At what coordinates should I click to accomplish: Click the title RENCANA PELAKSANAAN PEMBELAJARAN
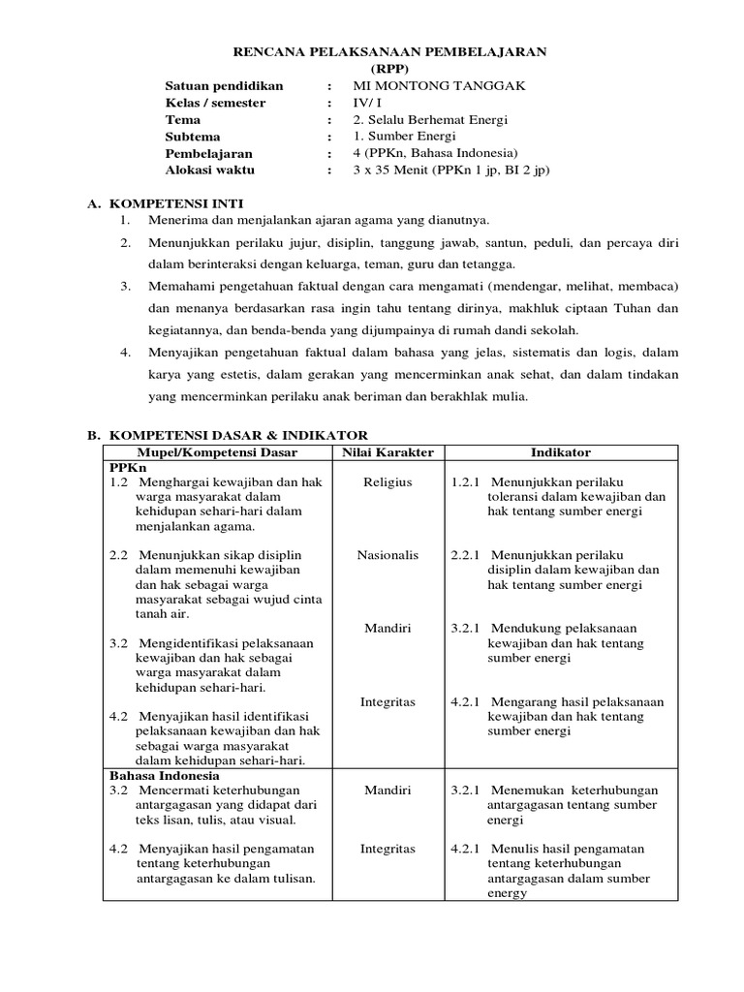tap(392, 52)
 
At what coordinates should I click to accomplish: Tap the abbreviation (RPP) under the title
tap(391, 69)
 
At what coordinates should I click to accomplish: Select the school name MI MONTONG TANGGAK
tap(439, 86)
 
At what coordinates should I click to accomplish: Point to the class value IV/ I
tap(369, 103)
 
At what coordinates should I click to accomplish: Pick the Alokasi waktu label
tap(210, 170)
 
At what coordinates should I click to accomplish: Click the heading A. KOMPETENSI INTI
tap(165, 204)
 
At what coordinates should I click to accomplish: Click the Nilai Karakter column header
tap(387, 452)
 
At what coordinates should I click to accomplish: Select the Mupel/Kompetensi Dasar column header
tap(216, 452)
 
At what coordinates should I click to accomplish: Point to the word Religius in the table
tap(387, 481)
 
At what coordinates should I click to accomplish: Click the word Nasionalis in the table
tap(387, 555)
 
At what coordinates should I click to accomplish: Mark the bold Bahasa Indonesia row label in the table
tap(165, 776)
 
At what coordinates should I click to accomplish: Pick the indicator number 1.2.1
tap(467, 481)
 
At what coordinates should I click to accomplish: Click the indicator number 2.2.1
tap(467, 555)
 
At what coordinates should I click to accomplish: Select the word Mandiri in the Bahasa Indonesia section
tap(387, 790)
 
